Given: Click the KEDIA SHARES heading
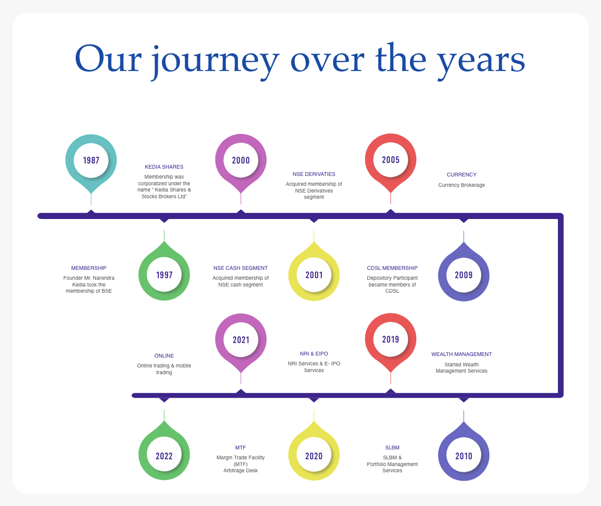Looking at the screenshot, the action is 164,167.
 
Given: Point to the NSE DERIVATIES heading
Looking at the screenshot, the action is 314,174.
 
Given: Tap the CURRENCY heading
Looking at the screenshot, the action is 461,174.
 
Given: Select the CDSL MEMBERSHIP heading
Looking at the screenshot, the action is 392,268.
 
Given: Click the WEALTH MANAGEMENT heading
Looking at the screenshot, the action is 461,354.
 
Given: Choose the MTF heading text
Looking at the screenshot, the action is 240,447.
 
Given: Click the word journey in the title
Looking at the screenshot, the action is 215,61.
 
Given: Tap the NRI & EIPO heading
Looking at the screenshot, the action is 314,353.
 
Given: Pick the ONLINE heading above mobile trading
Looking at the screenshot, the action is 164,355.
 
